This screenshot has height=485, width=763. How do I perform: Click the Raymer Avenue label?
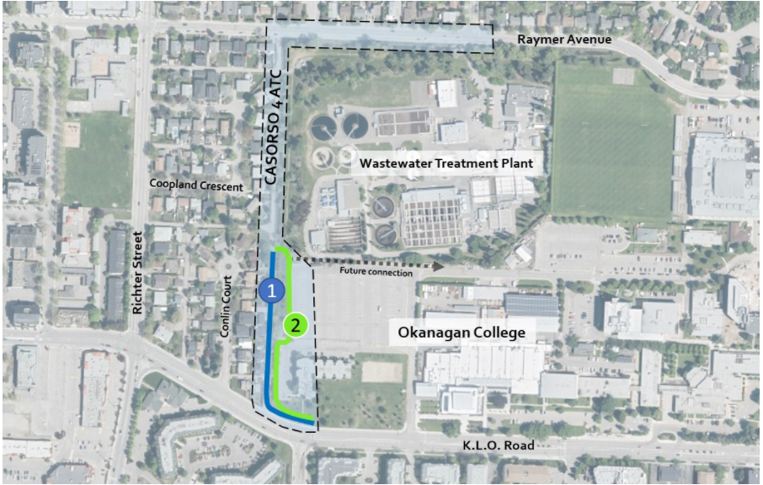coord(564,40)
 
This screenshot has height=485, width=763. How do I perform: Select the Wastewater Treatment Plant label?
coord(446,163)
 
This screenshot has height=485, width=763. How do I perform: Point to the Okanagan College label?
coord(461,333)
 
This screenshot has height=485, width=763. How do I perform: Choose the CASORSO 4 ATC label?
coord(271,126)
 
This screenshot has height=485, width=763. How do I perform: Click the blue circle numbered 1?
coord(270,290)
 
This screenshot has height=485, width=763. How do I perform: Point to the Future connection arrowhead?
coord(439,264)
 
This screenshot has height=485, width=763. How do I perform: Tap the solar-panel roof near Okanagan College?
coord(531,305)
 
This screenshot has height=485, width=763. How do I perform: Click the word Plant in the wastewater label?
coord(516,163)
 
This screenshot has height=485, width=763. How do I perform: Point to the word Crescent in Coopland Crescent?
coord(220,185)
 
